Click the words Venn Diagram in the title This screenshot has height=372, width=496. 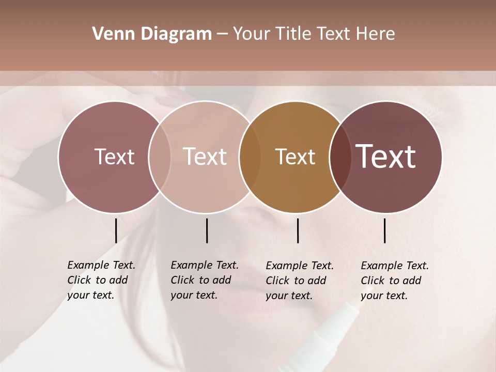[152, 34]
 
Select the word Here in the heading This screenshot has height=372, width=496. [375, 34]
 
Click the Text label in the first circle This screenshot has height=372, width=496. [114, 157]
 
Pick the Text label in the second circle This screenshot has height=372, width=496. [205, 157]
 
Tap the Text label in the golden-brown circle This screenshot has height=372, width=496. [295, 157]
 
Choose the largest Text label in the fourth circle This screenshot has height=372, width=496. [386, 157]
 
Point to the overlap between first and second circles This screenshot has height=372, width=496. [160, 157]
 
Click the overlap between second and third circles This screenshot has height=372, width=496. [250, 157]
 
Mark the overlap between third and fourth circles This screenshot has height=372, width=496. [340, 157]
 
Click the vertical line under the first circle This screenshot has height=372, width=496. [116, 230]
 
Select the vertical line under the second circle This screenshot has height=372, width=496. [207, 230]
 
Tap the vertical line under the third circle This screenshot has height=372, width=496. [298, 230]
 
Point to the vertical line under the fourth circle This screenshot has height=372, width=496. [385, 230]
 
